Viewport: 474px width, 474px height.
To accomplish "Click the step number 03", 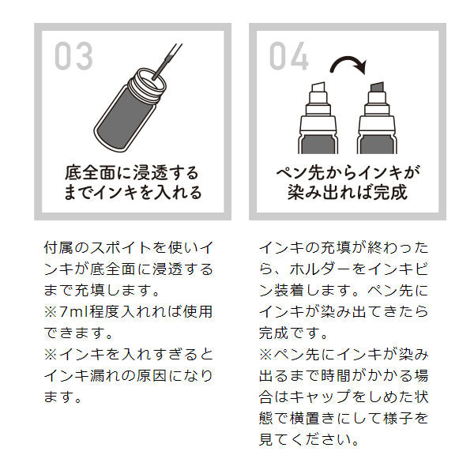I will pyautogui.click(x=74, y=56).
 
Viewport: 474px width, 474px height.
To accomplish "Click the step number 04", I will pyautogui.click(x=289, y=56).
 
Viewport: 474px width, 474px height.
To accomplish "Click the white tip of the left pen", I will pyautogui.click(x=318, y=89).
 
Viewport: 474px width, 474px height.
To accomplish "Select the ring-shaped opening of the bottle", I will pyautogui.click(x=147, y=77).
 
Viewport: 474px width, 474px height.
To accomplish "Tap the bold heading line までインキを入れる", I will pyautogui.click(x=132, y=193).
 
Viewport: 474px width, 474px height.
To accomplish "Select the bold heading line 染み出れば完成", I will pyautogui.click(x=348, y=193).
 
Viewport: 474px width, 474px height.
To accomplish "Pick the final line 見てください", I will pyautogui.click(x=311, y=438).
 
